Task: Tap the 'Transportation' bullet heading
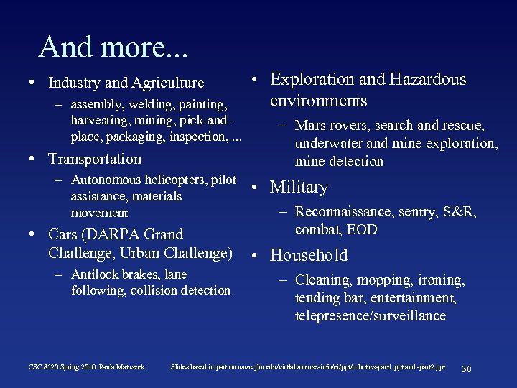click(x=95, y=159)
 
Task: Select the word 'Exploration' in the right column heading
click(x=312, y=80)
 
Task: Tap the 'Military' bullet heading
click(x=299, y=188)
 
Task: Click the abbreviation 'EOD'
click(x=363, y=230)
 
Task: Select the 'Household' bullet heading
click(x=309, y=255)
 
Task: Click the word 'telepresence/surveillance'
click(x=371, y=316)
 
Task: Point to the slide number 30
click(x=466, y=368)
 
